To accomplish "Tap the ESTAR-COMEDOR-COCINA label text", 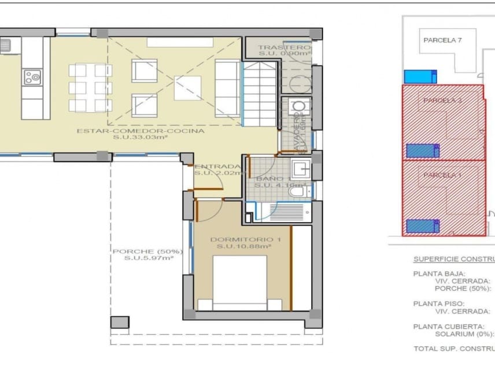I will (141, 131).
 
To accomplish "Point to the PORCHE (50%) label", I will (147, 252).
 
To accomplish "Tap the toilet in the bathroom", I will (298, 191).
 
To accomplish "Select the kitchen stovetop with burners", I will (32, 76).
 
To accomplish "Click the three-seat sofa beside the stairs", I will (227, 88).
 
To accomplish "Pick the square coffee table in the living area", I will (188, 88).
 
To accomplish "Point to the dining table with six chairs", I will (90, 88).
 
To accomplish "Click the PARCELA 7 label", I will (442, 40).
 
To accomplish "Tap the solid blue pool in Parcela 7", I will (420, 76).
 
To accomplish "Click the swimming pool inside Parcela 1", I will (420, 226).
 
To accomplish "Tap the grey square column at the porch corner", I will (120, 322).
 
